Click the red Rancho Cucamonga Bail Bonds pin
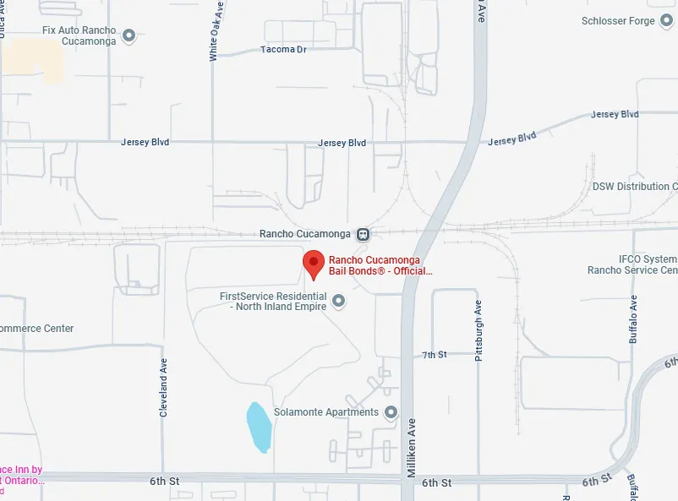(314, 264)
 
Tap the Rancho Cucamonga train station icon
(363, 234)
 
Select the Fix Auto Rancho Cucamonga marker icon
(129, 35)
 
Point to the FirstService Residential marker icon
(339, 301)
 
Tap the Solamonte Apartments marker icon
(391, 412)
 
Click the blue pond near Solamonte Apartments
(259, 427)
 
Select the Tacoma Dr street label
(283, 50)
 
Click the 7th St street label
(435, 355)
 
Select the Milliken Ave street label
(413, 448)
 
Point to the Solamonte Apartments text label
(326, 412)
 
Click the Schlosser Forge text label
(618, 21)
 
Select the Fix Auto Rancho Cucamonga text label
(79, 35)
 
